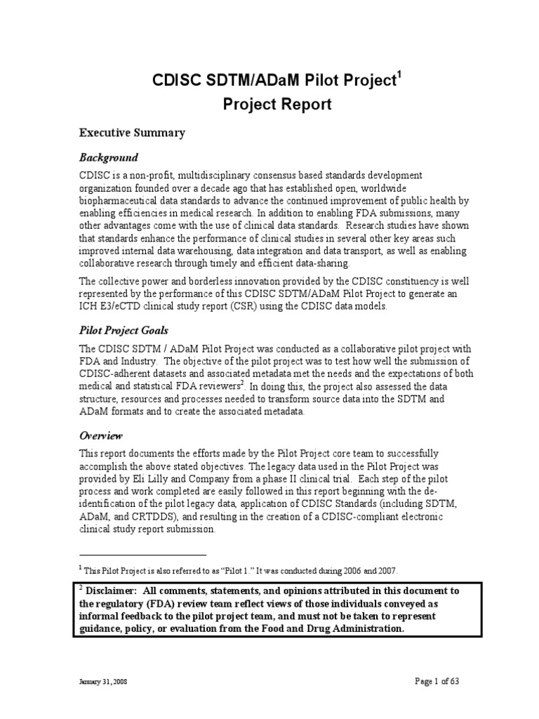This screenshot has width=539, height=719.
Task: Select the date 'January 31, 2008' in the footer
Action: [102, 682]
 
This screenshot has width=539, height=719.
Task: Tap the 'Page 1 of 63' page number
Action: [434, 681]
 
